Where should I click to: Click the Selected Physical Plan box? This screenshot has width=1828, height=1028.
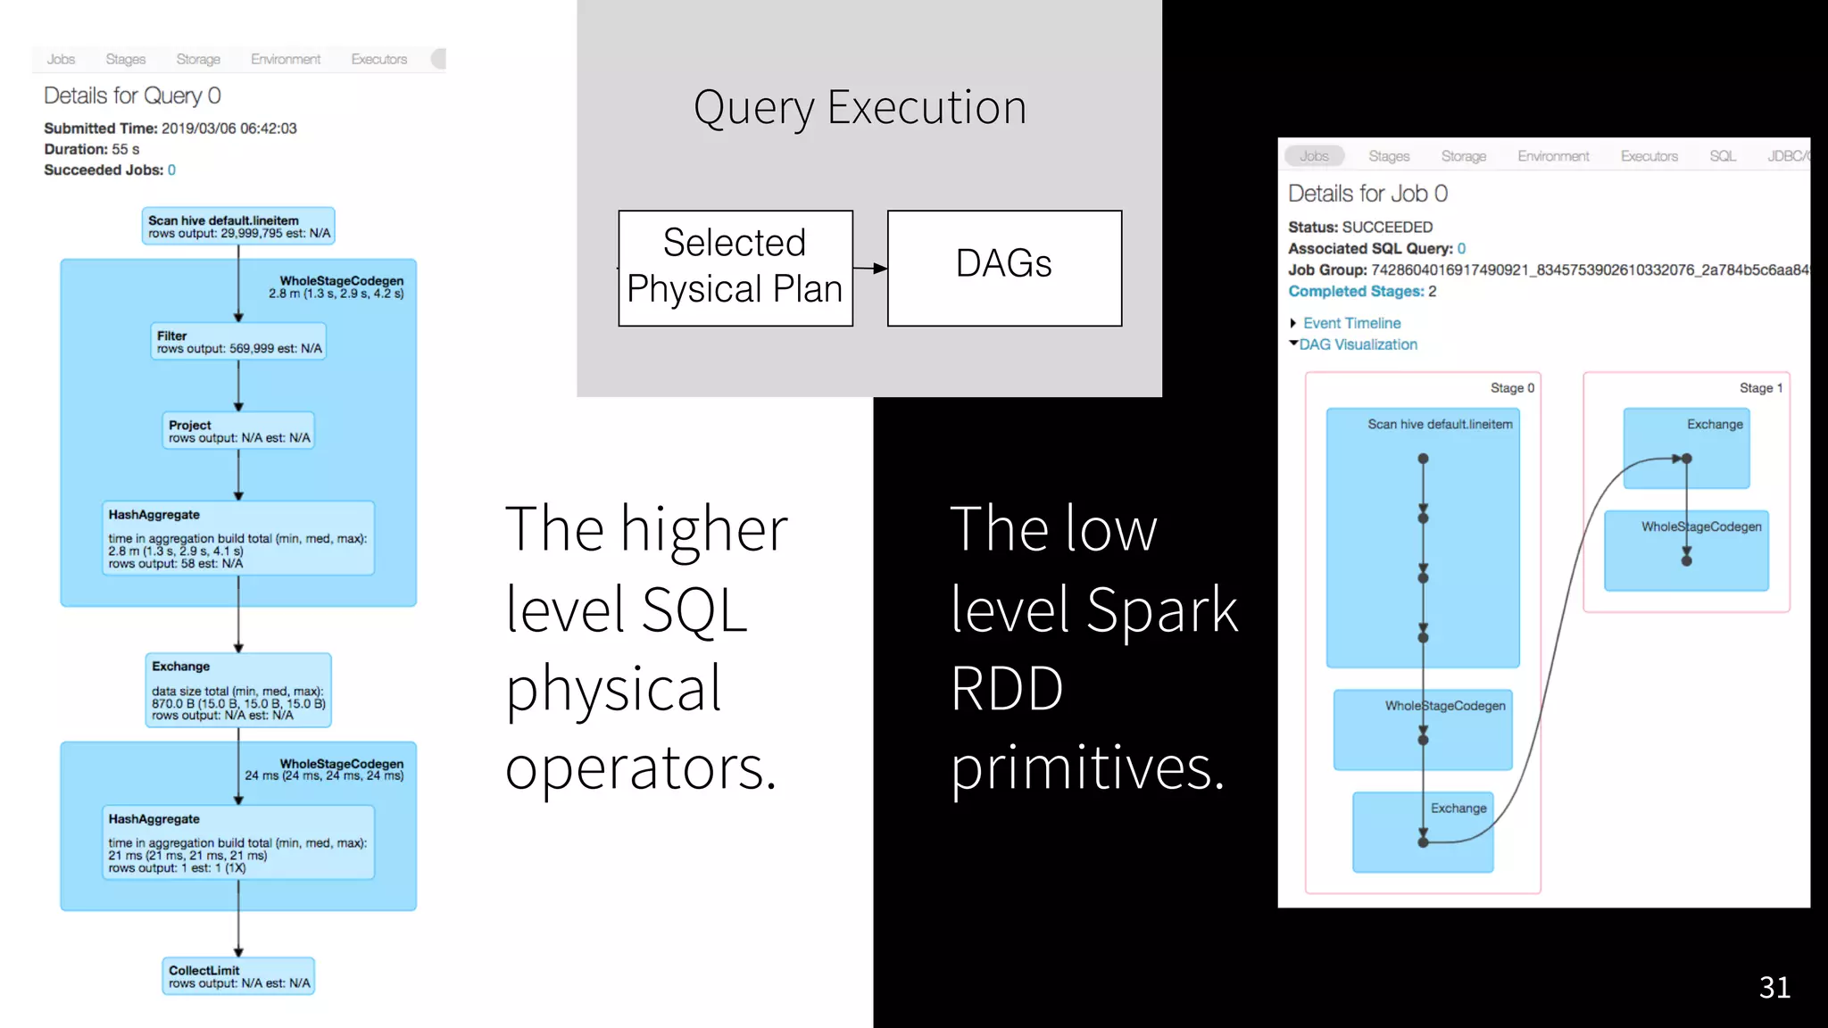(735, 268)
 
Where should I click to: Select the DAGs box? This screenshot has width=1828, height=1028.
(1004, 268)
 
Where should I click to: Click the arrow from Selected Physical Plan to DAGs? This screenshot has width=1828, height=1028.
(870, 268)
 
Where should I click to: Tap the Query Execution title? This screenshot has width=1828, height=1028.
(860, 108)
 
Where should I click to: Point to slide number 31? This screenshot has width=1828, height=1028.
(1774, 987)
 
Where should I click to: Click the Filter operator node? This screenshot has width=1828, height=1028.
(238, 342)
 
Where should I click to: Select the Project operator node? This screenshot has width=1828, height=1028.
(238, 431)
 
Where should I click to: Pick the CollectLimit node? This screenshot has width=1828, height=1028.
(238, 976)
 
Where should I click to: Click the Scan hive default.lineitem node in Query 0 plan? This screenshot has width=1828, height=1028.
(238, 227)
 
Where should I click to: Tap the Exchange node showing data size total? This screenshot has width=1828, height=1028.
(238, 691)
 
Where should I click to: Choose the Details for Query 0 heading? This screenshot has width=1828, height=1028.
(132, 95)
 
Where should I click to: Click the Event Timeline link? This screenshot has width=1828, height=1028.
(1350, 323)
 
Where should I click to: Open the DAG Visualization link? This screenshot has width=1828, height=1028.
(1357, 344)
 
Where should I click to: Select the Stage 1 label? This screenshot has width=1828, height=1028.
(1760, 388)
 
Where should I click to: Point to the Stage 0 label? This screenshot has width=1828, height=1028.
(1512, 388)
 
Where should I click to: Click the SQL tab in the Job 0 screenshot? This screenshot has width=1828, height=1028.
(1722, 156)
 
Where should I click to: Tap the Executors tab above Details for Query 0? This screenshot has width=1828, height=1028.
(378, 59)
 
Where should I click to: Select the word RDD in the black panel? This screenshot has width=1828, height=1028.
(1006, 689)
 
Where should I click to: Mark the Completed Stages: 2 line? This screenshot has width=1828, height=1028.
(1361, 292)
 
